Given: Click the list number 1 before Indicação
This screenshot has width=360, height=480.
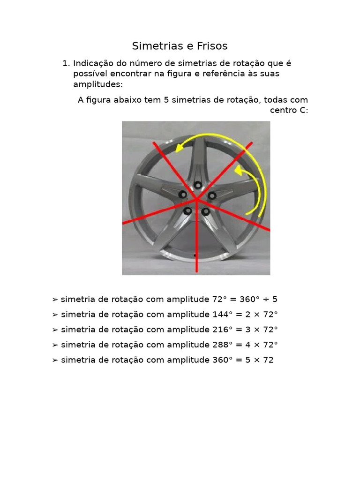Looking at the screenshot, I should (66, 63).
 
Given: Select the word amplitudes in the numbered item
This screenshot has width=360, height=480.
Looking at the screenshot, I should (97, 84).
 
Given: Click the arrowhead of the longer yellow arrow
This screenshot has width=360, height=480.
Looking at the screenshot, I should (179, 149).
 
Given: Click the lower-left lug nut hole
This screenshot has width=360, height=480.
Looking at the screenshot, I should (187, 211).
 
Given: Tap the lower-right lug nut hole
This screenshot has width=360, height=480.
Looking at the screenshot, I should (206, 211).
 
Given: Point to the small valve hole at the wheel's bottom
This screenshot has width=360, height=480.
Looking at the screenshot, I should (195, 255).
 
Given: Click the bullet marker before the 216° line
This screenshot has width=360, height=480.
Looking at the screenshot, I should (55, 330).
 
